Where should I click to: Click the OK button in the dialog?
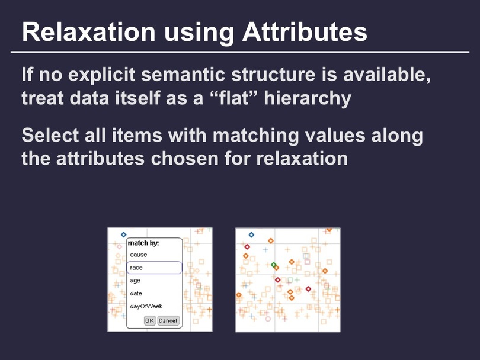click(x=150, y=320)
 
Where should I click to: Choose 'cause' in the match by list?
click(x=138, y=255)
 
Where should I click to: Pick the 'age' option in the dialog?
click(x=135, y=281)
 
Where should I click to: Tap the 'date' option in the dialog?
click(x=136, y=293)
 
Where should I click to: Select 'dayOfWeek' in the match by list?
click(x=146, y=306)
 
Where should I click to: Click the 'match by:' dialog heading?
click(x=143, y=243)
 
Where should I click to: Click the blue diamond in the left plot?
click(x=123, y=234)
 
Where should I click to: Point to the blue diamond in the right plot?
click(x=251, y=235)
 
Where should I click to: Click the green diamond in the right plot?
click(x=273, y=265)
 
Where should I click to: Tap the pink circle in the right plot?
click(x=268, y=319)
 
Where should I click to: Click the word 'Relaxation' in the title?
click(x=89, y=32)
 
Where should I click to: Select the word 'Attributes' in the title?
click(x=305, y=32)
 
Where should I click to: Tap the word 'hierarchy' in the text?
click(x=308, y=98)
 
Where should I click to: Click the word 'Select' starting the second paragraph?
click(x=50, y=135)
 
